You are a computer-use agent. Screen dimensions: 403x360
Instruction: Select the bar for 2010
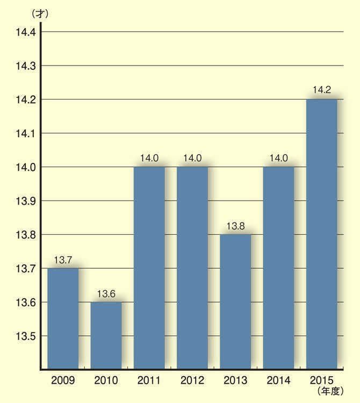106,335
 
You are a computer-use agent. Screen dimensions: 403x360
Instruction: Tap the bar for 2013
235,301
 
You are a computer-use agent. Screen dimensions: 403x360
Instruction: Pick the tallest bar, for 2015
321,234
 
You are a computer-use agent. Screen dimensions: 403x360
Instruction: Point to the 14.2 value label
321,90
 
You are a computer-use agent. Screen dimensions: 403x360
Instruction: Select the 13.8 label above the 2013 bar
235,226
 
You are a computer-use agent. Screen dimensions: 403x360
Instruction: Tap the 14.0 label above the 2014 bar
278,158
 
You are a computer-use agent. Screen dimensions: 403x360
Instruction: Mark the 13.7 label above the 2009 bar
63,260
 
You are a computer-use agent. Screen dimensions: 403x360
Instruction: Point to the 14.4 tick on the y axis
26,32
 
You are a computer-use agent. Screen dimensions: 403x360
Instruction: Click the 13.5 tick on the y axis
26,336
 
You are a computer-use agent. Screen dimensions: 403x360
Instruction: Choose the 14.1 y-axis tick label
26,133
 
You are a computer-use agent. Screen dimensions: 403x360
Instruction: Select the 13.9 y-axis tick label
26,201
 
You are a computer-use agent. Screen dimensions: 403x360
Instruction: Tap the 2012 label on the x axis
192,381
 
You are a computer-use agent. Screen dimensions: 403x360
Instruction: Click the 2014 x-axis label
278,381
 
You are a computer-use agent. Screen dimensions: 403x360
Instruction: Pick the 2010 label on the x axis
106,381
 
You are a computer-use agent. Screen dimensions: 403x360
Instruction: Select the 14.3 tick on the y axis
26,66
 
